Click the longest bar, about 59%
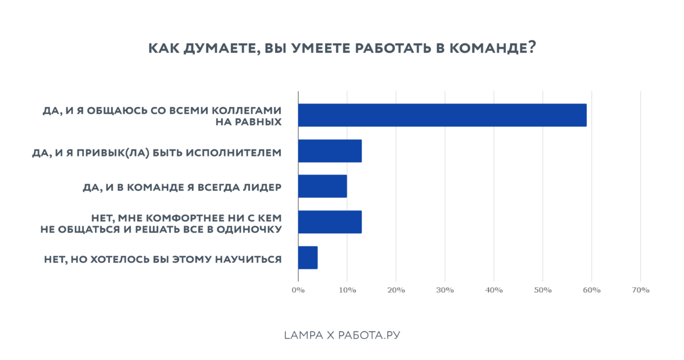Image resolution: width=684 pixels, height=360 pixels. tap(442, 115)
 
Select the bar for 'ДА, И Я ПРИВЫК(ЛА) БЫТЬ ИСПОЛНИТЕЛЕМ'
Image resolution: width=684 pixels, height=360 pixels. tap(330, 151)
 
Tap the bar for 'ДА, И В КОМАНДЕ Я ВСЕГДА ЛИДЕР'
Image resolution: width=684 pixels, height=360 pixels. tap(322, 186)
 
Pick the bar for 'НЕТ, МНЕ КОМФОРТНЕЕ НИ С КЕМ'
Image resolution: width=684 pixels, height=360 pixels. tap(330, 222)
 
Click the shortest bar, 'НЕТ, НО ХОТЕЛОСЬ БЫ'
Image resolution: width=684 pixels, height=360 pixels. tap(308, 257)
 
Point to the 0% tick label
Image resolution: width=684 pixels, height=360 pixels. tap(298, 290)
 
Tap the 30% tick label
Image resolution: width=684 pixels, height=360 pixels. tap(445, 290)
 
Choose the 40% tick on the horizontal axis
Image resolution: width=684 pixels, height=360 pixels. tap(494, 290)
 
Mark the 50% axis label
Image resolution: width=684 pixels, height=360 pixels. tap(543, 290)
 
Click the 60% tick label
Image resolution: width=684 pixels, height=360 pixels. tap(592, 290)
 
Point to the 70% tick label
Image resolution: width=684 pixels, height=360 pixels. tap(640, 290)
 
